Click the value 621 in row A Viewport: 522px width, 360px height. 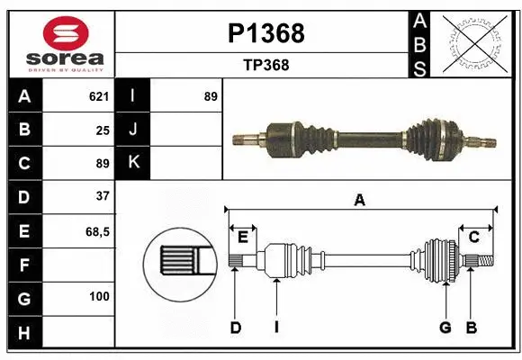coord(98,96)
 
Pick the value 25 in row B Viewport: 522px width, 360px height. coord(102,130)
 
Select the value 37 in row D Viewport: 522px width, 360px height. coord(102,196)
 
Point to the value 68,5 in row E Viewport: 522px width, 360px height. coord(97,231)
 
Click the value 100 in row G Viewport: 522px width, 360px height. coord(99,296)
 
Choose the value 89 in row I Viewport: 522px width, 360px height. coord(210,96)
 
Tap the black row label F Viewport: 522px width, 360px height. coord(23,265)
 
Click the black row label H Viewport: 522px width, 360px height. coord(23,332)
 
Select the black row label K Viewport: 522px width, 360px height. coord(132,163)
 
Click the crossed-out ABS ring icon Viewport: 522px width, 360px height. coord(470,43)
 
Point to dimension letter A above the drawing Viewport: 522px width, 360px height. coord(359,201)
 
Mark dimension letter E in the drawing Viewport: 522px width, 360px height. coord(242,237)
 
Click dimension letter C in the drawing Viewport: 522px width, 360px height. coord(473,237)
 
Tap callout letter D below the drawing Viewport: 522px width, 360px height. coord(235,328)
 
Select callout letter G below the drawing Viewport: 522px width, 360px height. coord(445,328)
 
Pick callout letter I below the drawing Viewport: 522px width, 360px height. coord(276,328)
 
